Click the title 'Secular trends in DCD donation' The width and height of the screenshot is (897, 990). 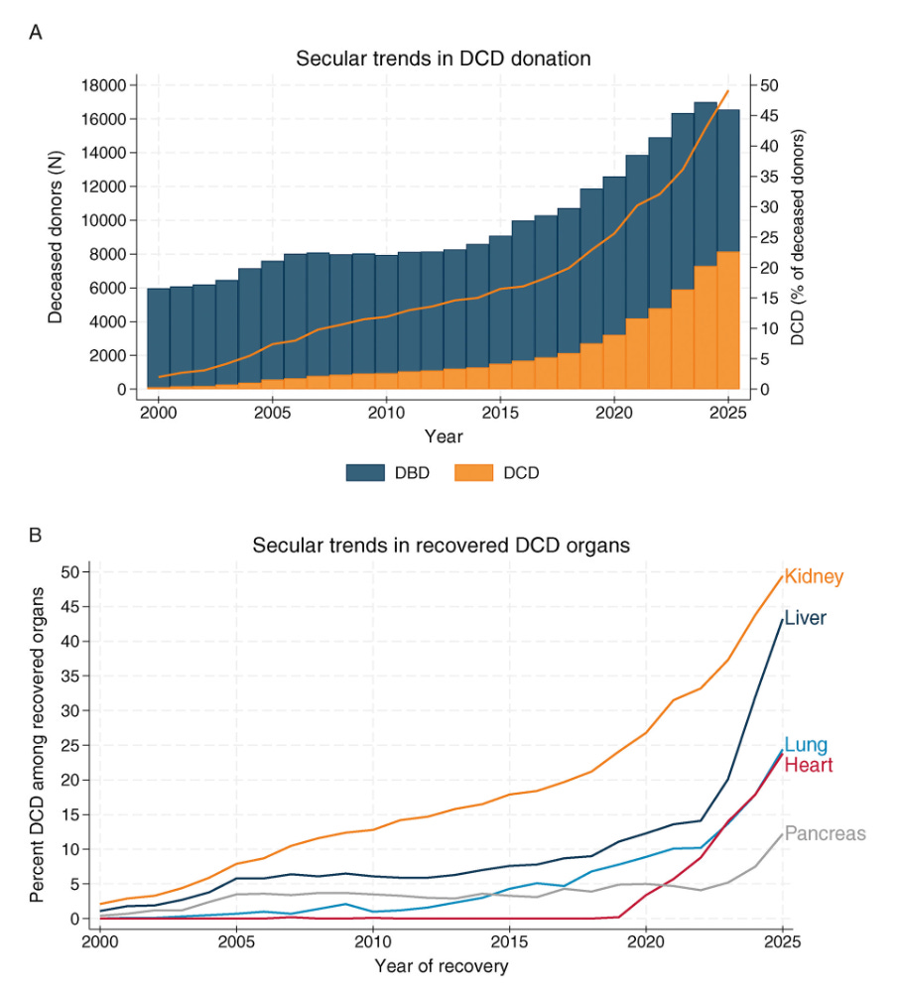pyautogui.click(x=444, y=59)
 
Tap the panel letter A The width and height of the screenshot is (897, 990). pyautogui.click(x=36, y=33)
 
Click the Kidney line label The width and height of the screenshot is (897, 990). pyautogui.click(x=814, y=576)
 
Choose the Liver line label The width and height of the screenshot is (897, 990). pyautogui.click(x=805, y=618)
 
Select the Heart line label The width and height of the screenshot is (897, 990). pyautogui.click(x=808, y=765)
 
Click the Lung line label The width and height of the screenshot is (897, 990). pyautogui.click(x=806, y=745)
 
